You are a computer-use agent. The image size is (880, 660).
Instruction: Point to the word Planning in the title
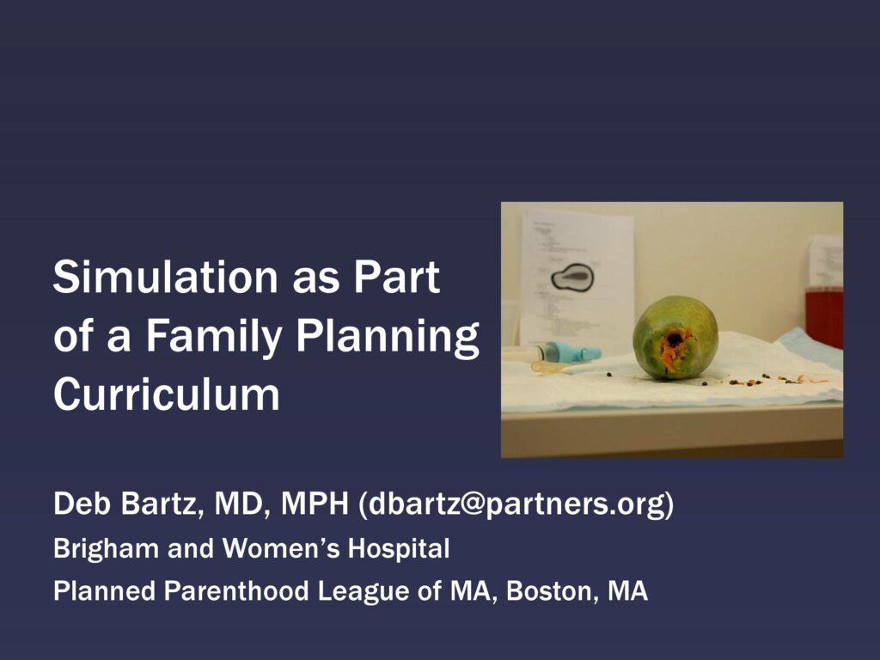(388, 336)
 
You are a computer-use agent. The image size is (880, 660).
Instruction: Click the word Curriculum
(166, 394)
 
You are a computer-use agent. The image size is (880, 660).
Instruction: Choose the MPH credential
(315, 503)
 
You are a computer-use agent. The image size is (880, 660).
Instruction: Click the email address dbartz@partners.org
(516, 504)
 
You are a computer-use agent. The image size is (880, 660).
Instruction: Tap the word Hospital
(399, 548)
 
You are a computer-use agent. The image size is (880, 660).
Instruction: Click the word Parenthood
(236, 591)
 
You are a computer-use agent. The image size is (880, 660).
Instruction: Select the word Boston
(553, 591)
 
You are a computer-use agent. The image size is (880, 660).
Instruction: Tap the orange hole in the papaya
(675, 343)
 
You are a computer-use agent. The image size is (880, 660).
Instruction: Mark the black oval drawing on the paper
(571, 278)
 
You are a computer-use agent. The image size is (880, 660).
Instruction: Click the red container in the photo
(824, 316)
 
